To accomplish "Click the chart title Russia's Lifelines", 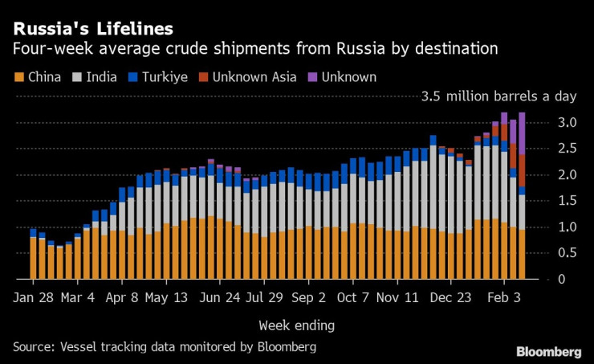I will click(x=92, y=29).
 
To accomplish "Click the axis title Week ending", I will click(x=296, y=325).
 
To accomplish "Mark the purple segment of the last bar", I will click(x=522, y=133).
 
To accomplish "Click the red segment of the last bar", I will click(x=522, y=170).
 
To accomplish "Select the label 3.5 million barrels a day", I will click(x=498, y=96).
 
